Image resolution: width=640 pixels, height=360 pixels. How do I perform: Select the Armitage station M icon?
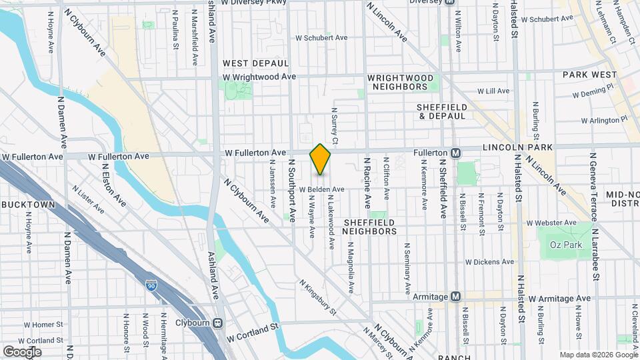tap(456, 296)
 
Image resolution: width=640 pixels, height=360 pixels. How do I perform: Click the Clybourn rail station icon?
tap(217, 323)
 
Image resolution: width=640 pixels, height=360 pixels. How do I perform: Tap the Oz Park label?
tap(566, 245)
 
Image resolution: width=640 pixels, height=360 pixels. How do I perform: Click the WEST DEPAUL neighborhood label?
tap(255, 63)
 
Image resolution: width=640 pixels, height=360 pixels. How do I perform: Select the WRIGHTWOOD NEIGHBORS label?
tap(398, 82)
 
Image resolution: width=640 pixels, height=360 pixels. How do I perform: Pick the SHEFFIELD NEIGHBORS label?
tap(369, 226)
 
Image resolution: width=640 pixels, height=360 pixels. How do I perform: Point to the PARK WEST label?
tap(589, 75)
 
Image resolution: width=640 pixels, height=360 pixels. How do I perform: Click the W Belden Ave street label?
tap(321, 189)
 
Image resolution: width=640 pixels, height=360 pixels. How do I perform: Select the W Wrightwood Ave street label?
tap(259, 77)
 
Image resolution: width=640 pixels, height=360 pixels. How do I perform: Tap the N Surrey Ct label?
tap(335, 126)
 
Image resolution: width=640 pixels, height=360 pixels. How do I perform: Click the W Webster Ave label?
tap(551, 223)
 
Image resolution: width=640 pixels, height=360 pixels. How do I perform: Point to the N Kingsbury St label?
tap(318, 297)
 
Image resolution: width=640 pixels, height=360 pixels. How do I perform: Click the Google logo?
tap(22, 351)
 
